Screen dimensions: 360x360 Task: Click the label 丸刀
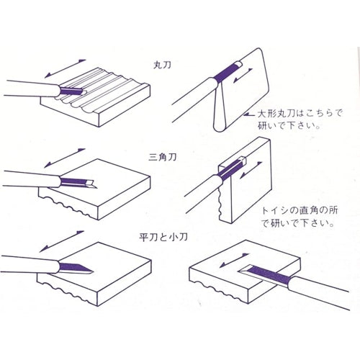coord(162,65)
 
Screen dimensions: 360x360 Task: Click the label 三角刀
coord(163,157)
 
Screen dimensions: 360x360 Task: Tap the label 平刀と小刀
coord(163,238)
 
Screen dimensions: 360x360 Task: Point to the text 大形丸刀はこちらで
coord(300,113)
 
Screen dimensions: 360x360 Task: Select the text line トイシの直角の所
coord(300,210)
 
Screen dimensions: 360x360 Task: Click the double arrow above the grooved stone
coord(65,68)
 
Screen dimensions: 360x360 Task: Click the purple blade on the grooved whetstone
coord(71,91)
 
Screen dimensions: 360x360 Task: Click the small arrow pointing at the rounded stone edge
coord(250,115)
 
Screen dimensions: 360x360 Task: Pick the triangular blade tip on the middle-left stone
coord(92,184)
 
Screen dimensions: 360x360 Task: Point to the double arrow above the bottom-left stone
coord(62,241)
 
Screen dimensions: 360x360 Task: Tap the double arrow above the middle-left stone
coord(65,158)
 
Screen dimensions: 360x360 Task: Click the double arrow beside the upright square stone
coord(251,170)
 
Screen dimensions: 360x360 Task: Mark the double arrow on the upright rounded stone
coord(243,76)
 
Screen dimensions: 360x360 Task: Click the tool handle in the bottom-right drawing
coord(319,292)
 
